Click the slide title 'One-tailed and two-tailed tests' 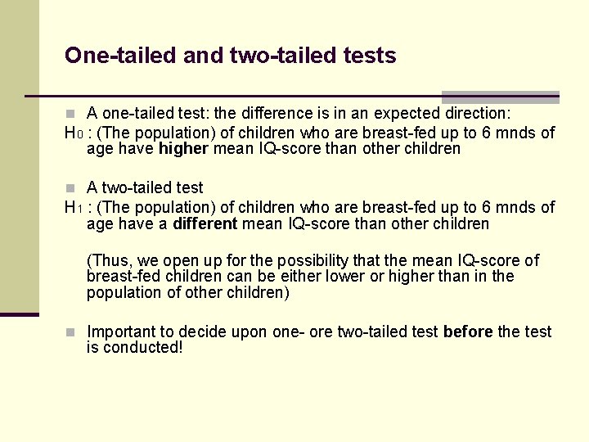pyautogui.click(x=230, y=56)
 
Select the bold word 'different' pyautogui.click(x=205, y=224)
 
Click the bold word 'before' pyautogui.click(x=467, y=331)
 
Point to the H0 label pyautogui.click(x=73, y=133)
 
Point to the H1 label pyautogui.click(x=73, y=208)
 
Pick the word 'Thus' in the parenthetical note pyautogui.click(x=111, y=261)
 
